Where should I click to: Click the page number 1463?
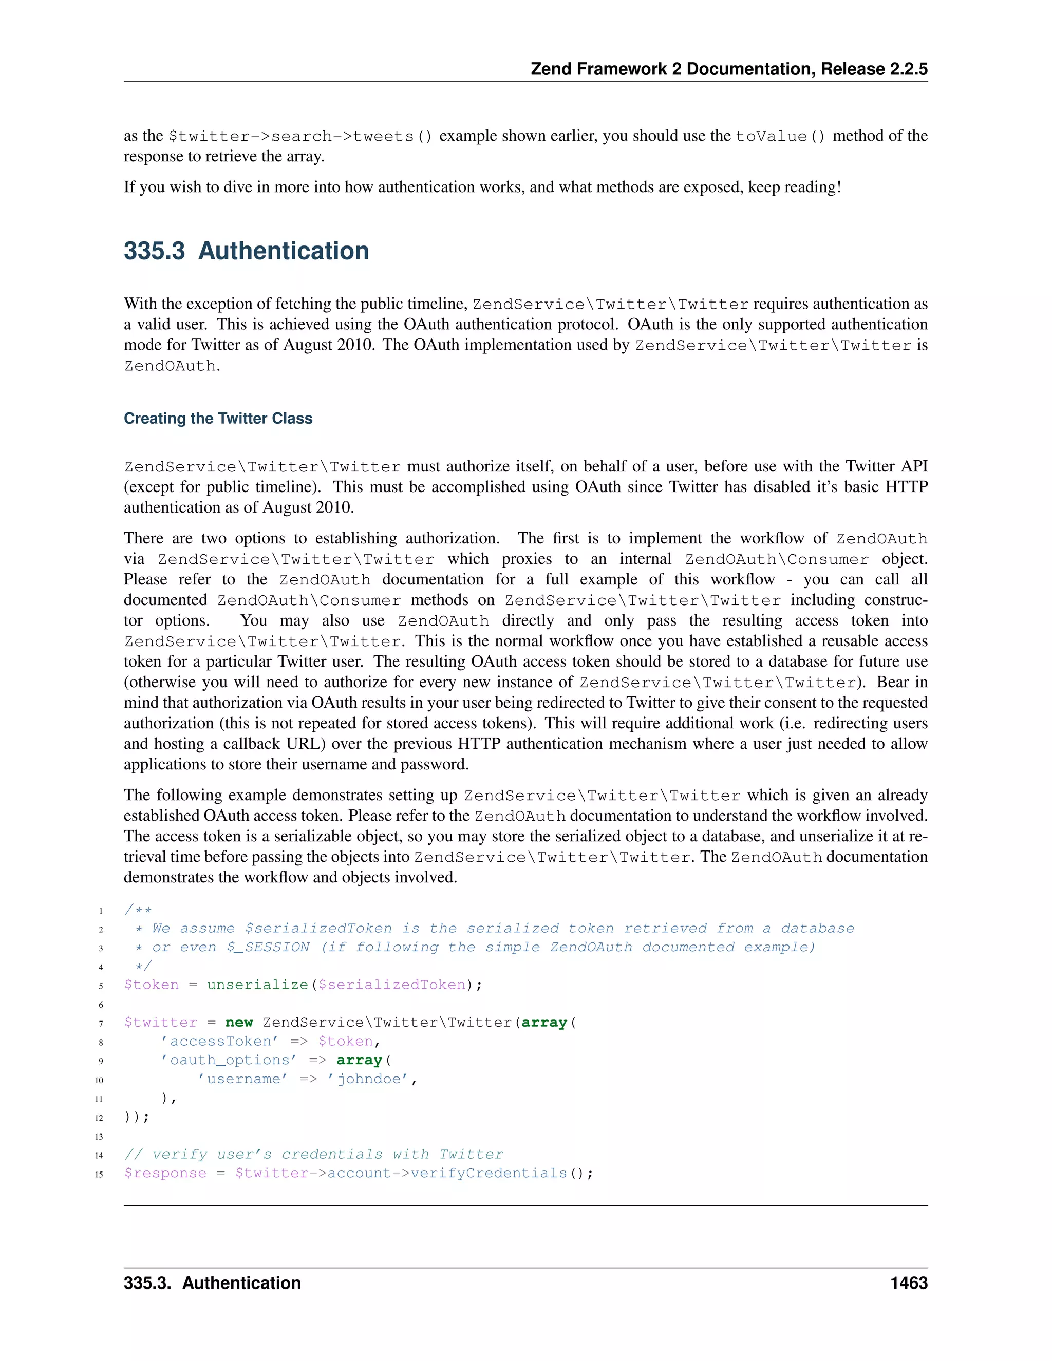(909, 1283)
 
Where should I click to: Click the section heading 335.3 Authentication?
(246, 251)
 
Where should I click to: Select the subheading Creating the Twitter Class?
(218, 418)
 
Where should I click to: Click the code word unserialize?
(257, 985)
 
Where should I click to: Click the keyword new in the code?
(239, 1023)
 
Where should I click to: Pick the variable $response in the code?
(165, 1173)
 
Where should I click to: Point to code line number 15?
(99, 1174)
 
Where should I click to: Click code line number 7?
(101, 1023)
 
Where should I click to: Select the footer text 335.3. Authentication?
(212, 1283)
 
